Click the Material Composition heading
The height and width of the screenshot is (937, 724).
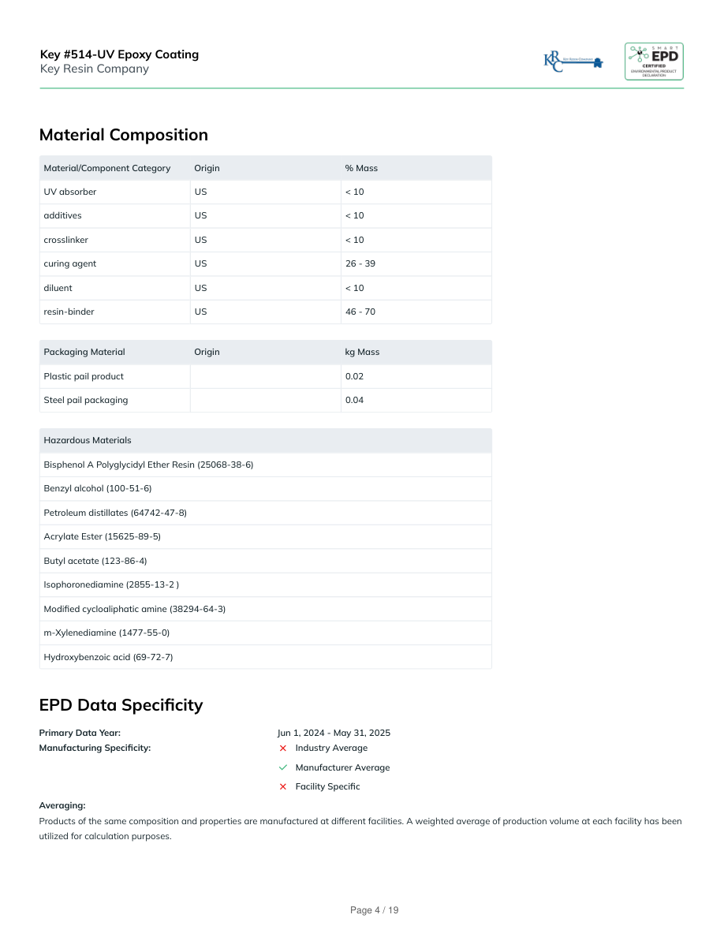pos(124,135)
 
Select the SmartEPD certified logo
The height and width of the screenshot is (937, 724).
pos(654,62)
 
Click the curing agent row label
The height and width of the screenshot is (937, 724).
pos(70,263)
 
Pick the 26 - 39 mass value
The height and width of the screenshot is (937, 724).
pos(360,263)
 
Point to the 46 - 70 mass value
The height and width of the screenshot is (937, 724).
pos(360,312)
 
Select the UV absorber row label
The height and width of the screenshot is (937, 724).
pos(70,192)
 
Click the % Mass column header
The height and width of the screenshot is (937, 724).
pos(361,168)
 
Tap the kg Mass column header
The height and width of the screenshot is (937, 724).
pos(362,352)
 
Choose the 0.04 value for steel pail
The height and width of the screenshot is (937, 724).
pos(354,400)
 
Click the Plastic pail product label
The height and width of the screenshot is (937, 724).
pos(84,376)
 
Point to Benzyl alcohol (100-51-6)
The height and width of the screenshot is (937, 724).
pos(98,488)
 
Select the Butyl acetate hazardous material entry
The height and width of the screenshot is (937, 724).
pos(95,561)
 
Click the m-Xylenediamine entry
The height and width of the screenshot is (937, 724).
pos(106,633)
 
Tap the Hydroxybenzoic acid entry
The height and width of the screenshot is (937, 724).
pos(108,657)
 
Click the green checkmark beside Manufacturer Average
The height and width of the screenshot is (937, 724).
pos(283,767)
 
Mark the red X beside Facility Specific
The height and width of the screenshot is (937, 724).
pos(283,786)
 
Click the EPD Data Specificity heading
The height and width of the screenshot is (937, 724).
pos(121,705)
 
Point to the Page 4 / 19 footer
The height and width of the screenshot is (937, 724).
pos(375,910)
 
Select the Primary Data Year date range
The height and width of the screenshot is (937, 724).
pos(334,733)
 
